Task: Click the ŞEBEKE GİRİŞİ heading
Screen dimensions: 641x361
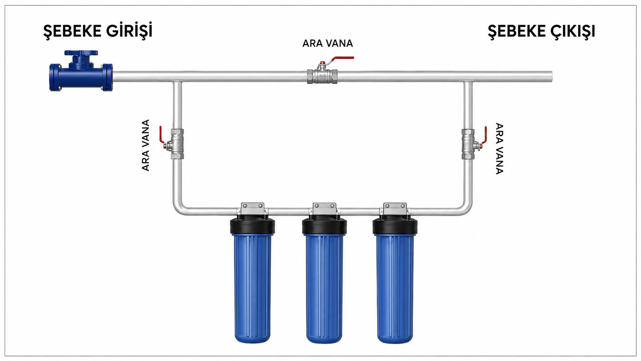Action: pyautogui.click(x=98, y=31)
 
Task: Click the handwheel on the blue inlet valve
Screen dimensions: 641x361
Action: pyautogui.click(x=81, y=53)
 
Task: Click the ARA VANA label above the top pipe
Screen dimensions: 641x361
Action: pyautogui.click(x=328, y=43)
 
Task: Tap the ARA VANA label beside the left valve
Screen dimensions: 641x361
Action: pyautogui.click(x=146, y=145)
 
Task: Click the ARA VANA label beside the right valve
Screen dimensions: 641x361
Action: pyautogui.click(x=500, y=148)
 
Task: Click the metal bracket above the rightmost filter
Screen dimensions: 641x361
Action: pyautogui.click(x=395, y=209)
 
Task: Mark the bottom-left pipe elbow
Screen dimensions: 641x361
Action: pyautogui.click(x=179, y=209)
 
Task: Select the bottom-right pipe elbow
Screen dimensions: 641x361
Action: pyautogui.click(x=467, y=209)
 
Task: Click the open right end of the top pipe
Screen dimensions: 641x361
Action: pyautogui.click(x=551, y=76)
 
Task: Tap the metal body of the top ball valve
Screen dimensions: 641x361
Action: pyautogui.click(x=322, y=76)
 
